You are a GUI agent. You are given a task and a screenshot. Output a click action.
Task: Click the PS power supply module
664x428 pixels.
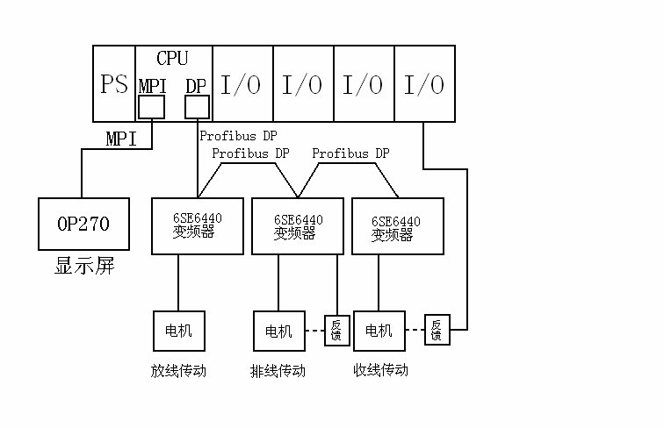[114, 84]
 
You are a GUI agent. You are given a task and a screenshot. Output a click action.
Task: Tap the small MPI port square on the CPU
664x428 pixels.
[151, 107]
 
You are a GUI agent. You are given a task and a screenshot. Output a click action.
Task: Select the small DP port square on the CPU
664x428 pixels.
[197, 107]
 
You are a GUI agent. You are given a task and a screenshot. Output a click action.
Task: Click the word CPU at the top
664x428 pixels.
[172, 59]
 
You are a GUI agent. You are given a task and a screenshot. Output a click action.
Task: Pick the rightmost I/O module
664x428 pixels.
[424, 84]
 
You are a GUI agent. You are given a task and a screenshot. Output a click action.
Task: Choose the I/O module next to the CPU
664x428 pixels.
[242, 84]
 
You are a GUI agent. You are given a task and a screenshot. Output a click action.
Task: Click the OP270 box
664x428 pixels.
[83, 225]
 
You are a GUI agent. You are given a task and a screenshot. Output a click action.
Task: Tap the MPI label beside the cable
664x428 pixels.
[121, 139]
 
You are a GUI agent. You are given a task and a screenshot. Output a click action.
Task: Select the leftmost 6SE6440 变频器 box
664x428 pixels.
[197, 226]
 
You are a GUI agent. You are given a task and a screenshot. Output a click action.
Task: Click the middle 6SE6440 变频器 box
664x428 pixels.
[298, 226]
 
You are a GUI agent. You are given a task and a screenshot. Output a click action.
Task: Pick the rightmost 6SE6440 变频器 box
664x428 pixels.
[397, 226]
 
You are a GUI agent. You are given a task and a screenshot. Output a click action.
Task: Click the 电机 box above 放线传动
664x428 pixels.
[178, 331]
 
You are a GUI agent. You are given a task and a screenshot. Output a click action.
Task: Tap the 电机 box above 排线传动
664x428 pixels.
[278, 331]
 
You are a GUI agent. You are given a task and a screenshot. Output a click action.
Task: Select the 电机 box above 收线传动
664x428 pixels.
[379, 331]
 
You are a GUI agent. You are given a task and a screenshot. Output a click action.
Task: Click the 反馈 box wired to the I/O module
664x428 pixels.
[437, 331]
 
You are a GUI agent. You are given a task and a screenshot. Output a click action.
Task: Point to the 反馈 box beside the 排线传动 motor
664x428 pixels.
[336, 331]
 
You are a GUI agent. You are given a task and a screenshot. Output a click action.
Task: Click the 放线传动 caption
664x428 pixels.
[178, 371]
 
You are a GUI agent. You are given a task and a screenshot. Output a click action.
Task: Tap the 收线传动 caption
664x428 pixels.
[379, 370]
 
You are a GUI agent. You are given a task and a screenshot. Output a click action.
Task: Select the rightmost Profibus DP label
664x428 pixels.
[350, 153]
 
